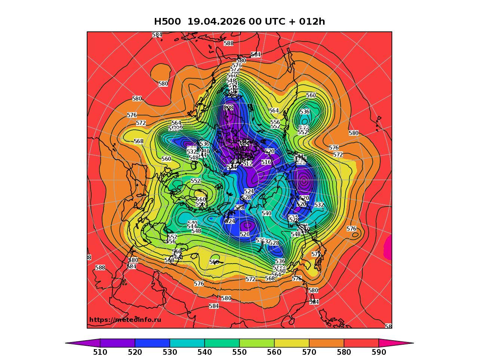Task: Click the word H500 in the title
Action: (168, 22)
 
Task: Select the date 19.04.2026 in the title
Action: (216, 22)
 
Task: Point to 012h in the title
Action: (312, 22)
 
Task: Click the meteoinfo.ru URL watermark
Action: (125, 320)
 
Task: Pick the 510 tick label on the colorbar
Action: (100, 352)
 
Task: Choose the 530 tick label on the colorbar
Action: (170, 352)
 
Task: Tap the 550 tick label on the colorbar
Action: (239, 352)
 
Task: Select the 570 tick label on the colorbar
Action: (309, 352)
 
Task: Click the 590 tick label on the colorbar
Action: (379, 352)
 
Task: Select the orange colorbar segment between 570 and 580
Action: (326, 343)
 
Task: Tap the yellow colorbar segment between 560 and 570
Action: (292, 343)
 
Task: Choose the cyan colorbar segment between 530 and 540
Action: (187, 343)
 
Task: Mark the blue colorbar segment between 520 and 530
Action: (152, 343)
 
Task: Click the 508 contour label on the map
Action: (228, 108)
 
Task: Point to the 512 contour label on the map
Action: (248, 164)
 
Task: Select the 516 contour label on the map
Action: (266, 162)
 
